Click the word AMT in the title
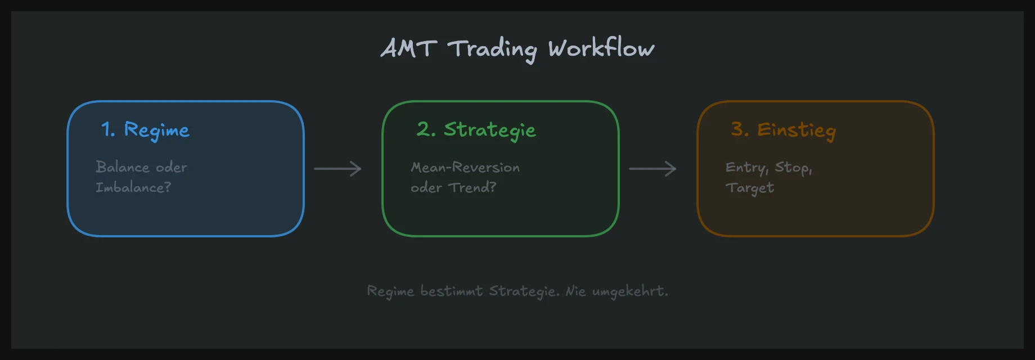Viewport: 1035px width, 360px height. tap(409, 48)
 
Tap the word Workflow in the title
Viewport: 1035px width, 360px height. tap(601, 48)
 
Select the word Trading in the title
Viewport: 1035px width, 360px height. tap(492, 49)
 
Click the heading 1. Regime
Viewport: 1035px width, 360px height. tap(145, 130)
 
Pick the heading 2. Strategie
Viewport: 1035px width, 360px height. tap(476, 130)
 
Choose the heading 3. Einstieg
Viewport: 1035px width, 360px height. tap(783, 130)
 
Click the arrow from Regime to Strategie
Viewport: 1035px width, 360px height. tap(337, 169)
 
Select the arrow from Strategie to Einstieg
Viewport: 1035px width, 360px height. tap(652, 169)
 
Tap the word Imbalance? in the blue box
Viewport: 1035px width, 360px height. tap(133, 187)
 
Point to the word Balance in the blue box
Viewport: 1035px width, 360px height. tap(122, 167)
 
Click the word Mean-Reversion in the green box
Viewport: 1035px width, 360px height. tap(465, 167)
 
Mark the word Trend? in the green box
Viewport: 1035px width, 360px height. tap(472, 187)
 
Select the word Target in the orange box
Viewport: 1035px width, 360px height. tap(749, 188)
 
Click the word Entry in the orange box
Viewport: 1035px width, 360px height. tap(746, 168)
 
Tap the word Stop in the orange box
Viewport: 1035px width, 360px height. tap(793, 168)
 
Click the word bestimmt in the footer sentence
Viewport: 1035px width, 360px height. tap(451, 291)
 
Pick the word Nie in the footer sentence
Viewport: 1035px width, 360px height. tap(575, 291)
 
